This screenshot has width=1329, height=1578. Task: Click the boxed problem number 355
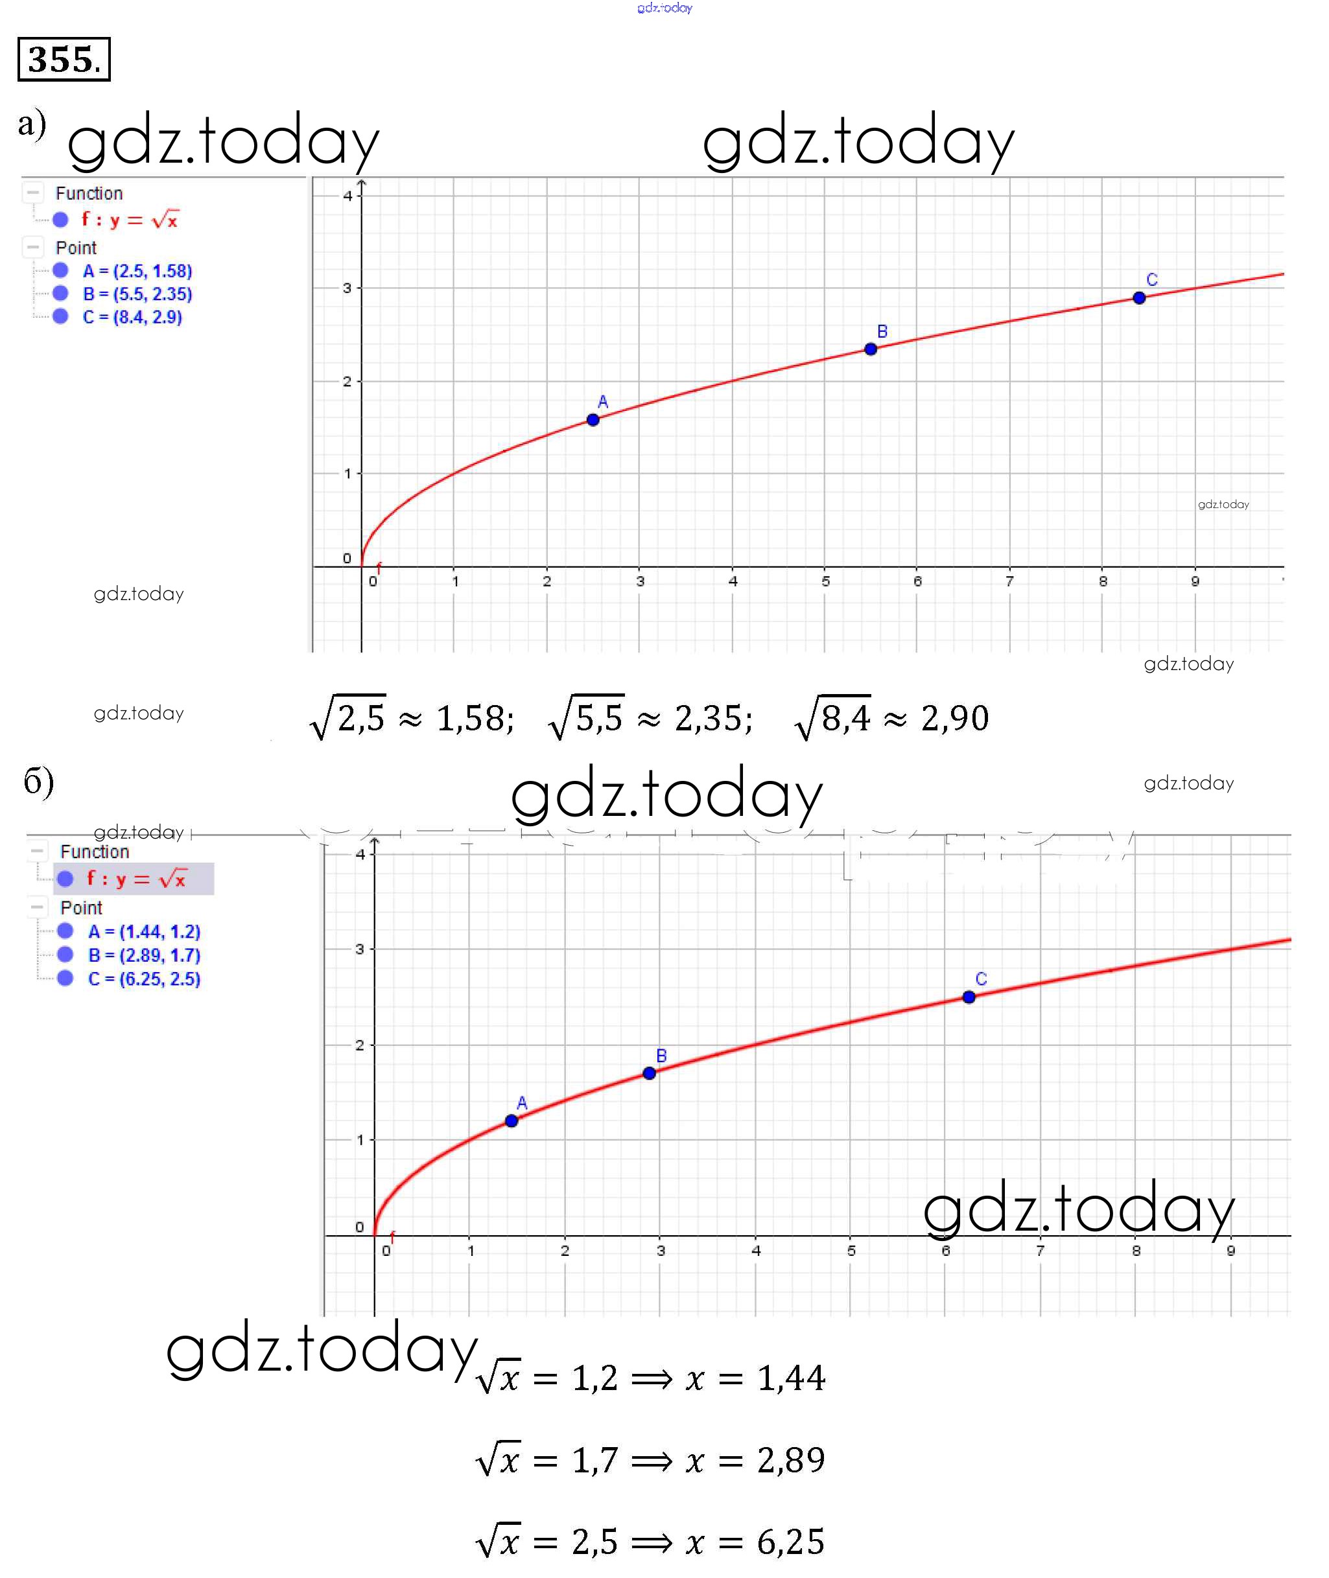pos(64,59)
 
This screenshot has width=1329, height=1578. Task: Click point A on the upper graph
pos(593,419)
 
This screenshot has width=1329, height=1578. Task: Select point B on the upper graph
pos(870,349)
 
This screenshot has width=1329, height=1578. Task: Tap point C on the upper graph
pos(1138,297)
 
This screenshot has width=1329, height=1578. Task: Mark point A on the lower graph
pos(512,1120)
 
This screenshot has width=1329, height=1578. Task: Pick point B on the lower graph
pos(649,1073)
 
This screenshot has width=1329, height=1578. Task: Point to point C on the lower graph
pos(969,997)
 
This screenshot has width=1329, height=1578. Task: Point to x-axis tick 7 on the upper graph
pos(1009,581)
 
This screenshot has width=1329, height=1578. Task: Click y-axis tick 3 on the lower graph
pos(359,949)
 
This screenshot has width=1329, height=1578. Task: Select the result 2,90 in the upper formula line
pos(954,718)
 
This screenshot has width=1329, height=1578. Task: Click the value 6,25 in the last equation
pos(790,1541)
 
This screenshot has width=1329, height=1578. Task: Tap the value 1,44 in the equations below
pos(791,1378)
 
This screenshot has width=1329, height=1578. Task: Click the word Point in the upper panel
pos(76,248)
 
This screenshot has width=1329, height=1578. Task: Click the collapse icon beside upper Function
pos(32,193)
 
